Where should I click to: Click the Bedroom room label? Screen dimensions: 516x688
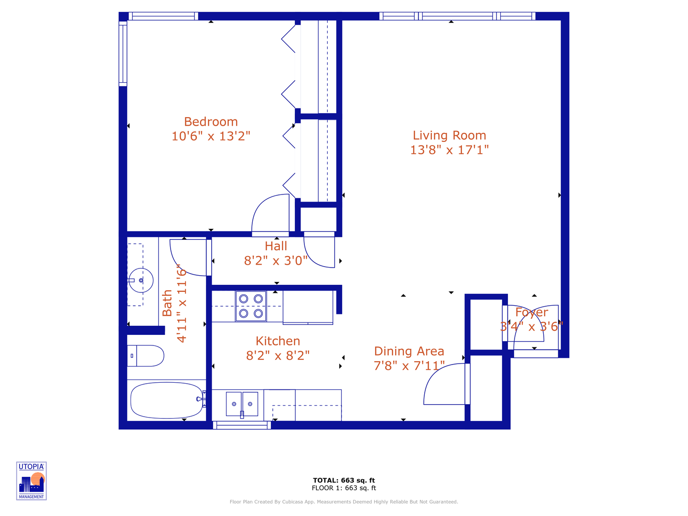[x=211, y=122]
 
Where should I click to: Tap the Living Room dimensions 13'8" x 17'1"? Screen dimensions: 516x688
[x=449, y=150]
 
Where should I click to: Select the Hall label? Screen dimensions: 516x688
[x=276, y=246]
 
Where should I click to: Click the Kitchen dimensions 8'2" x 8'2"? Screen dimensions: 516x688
[x=278, y=355]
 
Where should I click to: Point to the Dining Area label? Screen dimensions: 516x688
[x=409, y=351]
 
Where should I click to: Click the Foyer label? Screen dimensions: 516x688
[x=531, y=312]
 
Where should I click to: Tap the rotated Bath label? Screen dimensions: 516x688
[x=167, y=303]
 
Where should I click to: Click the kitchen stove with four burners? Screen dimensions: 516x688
[x=251, y=306]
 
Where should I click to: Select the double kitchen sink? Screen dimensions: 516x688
[x=242, y=404]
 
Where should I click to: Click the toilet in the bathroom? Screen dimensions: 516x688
[x=146, y=356]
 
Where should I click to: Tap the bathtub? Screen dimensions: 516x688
[x=166, y=400]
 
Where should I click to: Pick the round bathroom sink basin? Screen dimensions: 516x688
[x=141, y=280]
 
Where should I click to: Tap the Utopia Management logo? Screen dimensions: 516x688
[x=32, y=481]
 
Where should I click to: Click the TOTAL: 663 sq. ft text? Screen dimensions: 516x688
[x=344, y=480]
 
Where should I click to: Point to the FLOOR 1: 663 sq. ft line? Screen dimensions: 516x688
[x=344, y=488]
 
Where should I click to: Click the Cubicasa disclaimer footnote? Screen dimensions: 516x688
[x=344, y=502]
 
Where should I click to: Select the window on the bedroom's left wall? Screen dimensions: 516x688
[x=123, y=54]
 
